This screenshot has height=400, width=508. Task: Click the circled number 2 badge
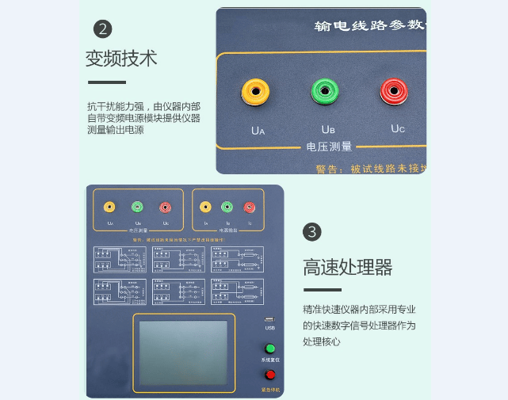(x=103, y=29)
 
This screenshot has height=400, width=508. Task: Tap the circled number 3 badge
(x=312, y=231)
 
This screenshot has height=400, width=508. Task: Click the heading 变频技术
(x=121, y=59)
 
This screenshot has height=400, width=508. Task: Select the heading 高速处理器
(x=347, y=267)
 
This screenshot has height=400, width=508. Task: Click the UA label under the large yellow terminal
(x=258, y=129)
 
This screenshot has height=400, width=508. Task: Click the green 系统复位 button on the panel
(x=270, y=349)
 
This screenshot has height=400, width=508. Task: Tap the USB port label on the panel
(x=270, y=327)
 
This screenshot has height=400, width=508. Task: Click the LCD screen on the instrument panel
(x=183, y=351)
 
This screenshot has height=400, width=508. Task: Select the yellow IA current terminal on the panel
(x=206, y=208)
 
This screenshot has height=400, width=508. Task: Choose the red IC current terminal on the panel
(x=249, y=208)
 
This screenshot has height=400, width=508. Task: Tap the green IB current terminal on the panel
(x=227, y=208)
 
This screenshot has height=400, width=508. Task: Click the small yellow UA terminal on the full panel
(x=109, y=208)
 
